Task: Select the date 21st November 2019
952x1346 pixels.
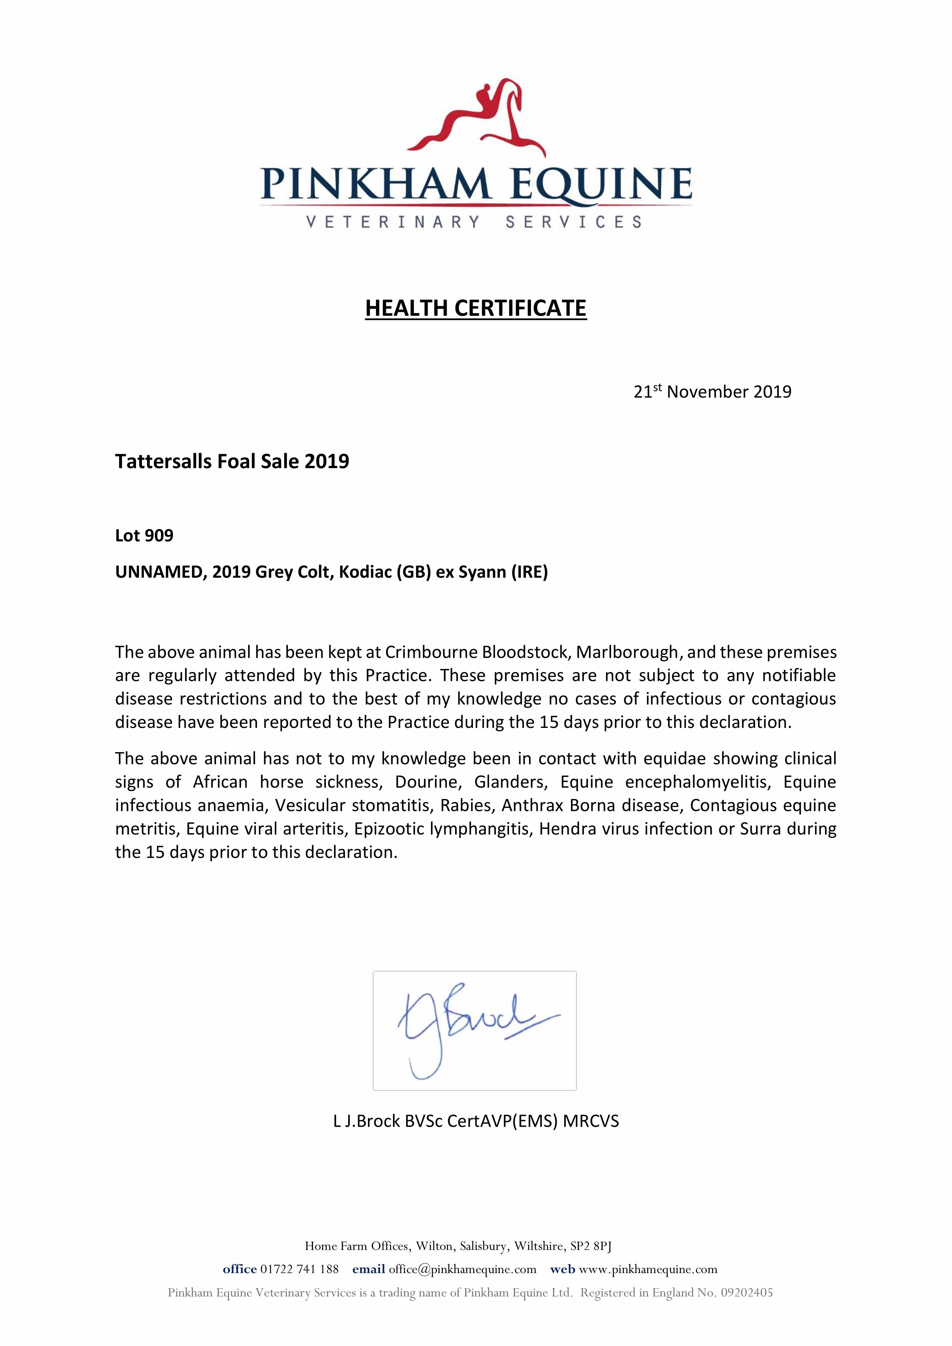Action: tap(712, 392)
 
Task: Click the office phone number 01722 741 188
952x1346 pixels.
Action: tap(299, 1269)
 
